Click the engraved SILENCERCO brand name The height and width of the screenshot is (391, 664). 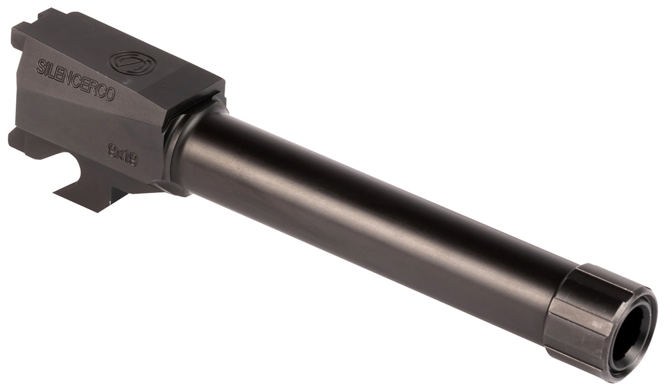[75, 80]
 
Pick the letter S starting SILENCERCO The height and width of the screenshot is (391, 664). [40, 66]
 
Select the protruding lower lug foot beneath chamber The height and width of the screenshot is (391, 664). [89, 197]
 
